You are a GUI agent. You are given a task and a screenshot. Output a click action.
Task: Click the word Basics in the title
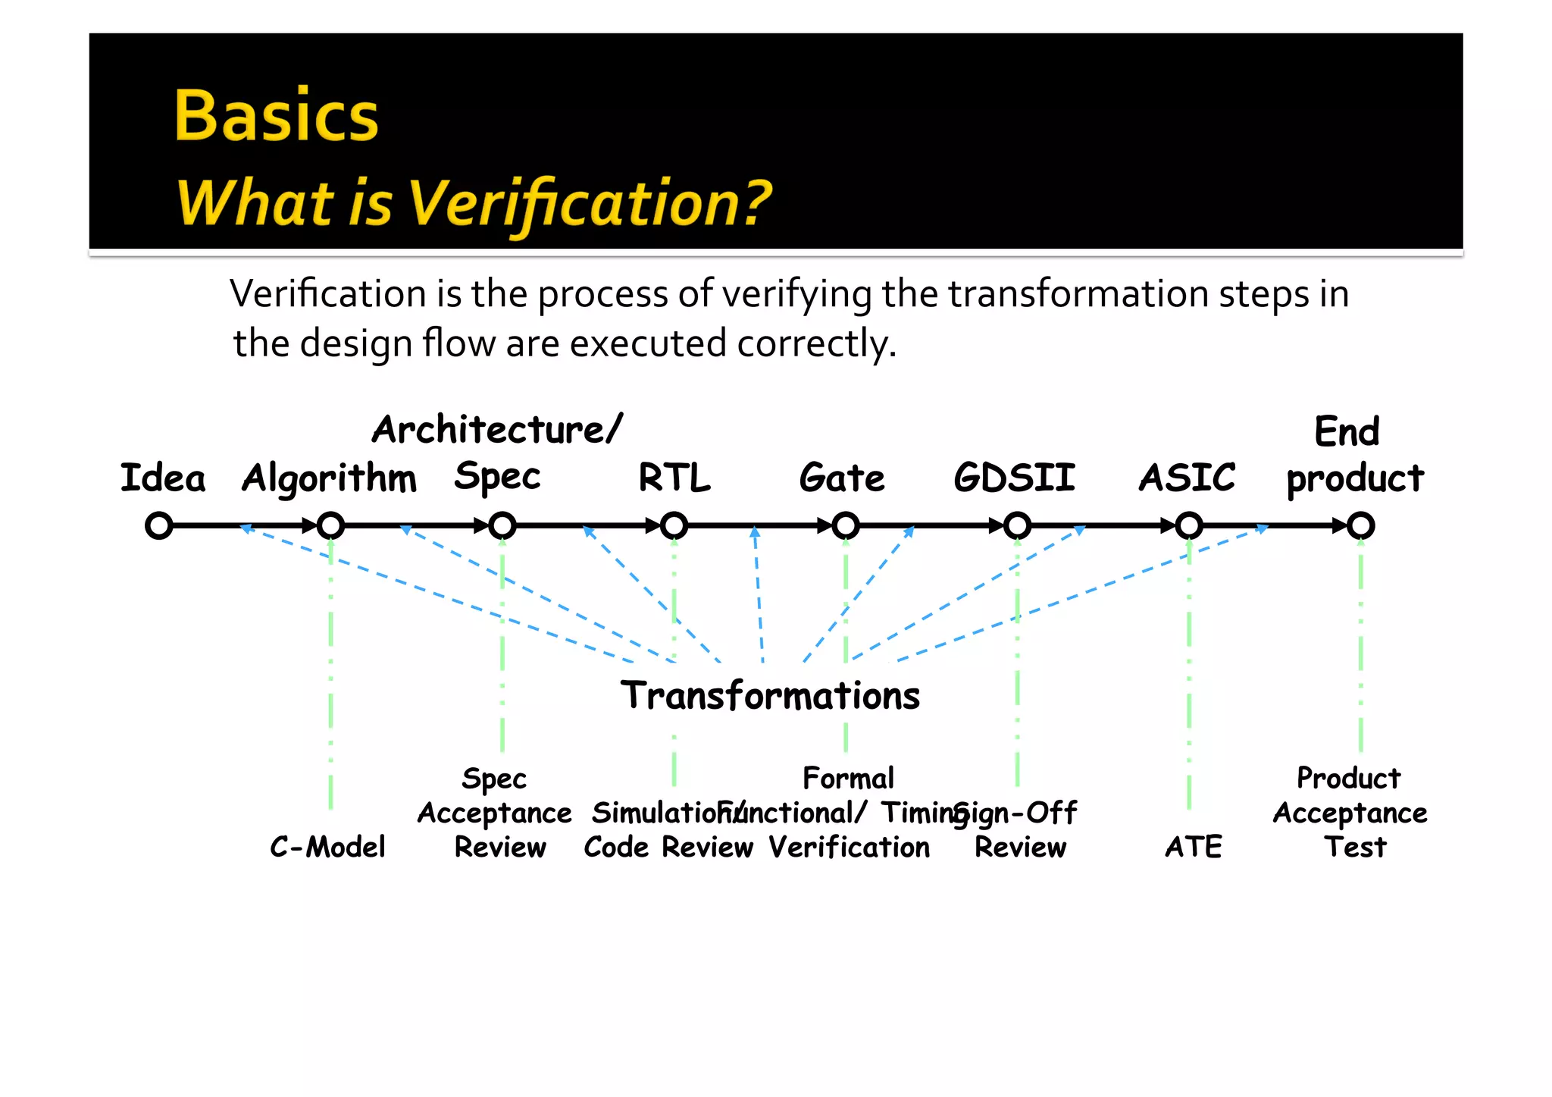coord(277,116)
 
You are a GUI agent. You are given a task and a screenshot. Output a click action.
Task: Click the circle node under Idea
coord(159,525)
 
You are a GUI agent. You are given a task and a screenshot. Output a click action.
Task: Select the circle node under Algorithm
coord(330,525)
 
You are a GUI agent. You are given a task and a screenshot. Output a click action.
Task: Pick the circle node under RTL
coord(674,525)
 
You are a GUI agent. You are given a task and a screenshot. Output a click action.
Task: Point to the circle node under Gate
coord(846,525)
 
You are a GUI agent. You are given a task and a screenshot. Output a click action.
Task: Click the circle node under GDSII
coord(1017,525)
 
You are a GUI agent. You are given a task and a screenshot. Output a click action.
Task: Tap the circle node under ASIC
coord(1189,525)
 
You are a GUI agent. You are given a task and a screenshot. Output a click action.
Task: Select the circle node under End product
coord(1360,525)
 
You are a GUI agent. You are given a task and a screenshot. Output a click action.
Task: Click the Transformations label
coord(770,695)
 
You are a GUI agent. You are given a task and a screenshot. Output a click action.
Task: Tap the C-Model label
coord(327,847)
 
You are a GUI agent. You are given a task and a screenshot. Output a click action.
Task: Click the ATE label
coord(1194,847)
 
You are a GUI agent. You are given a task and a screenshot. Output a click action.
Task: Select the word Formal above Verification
coord(848,779)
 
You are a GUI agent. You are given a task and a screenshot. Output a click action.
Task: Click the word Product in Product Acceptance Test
coord(1348,779)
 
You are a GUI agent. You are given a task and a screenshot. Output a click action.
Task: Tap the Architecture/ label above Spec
coord(497,430)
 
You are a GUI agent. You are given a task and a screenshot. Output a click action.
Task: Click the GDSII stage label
coord(1014,478)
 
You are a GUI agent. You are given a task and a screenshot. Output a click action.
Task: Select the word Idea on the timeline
coord(163,478)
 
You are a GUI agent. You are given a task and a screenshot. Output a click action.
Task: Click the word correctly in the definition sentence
coord(816,344)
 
